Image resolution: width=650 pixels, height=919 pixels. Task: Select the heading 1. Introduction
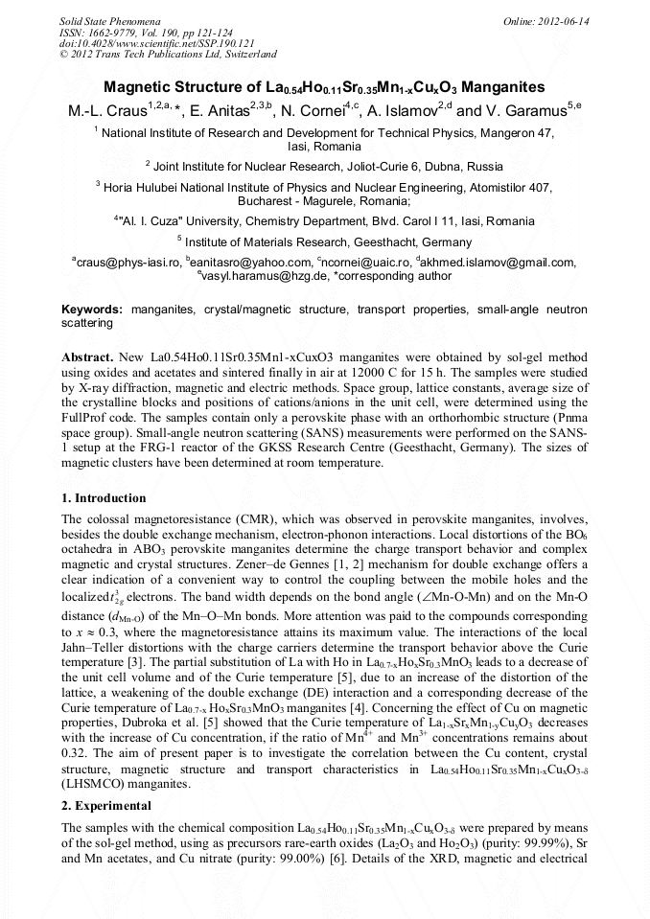tap(104, 498)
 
